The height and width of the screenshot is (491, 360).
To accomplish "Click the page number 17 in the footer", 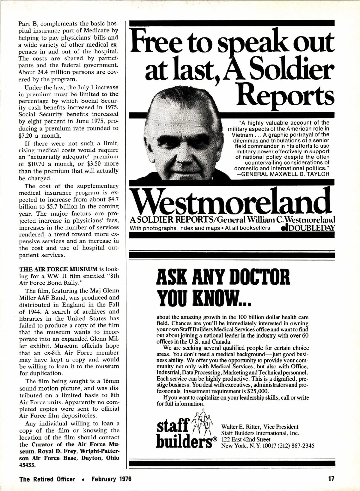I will [331, 479].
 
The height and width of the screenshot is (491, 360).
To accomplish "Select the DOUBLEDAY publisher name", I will [310, 228].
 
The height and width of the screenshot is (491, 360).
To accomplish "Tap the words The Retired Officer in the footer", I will [47, 479].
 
